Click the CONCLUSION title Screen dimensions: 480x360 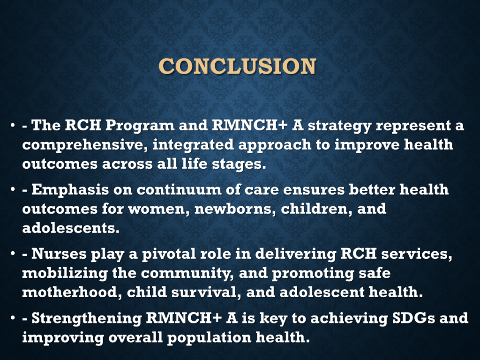[x=237, y=66]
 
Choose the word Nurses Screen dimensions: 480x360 [x=59, y=254]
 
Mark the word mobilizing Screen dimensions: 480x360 [x=65, y=273]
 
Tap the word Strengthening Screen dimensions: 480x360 [x=87, y=318]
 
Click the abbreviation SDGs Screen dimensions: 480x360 [x=413, y=318]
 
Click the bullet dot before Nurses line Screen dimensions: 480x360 [x=13, y=254]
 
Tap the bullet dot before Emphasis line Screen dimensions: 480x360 [x=13, y=189]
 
